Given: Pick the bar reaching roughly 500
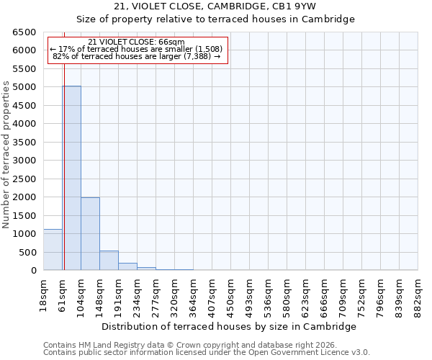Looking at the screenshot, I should pos(109,261).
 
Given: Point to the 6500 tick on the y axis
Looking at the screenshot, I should pos(24,32).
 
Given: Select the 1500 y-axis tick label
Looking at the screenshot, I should pos(24,216).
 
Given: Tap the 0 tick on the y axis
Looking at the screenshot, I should pos(33,271).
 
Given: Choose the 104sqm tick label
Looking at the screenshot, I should pos(81,293).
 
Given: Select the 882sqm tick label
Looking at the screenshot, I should pos(418,293).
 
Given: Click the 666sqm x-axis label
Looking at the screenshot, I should pos(325,293).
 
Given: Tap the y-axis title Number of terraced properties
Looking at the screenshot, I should pos(6,155).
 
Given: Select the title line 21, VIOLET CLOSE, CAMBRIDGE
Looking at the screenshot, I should pos(215,6).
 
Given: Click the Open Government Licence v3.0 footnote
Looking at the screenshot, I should pos(207,353).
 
